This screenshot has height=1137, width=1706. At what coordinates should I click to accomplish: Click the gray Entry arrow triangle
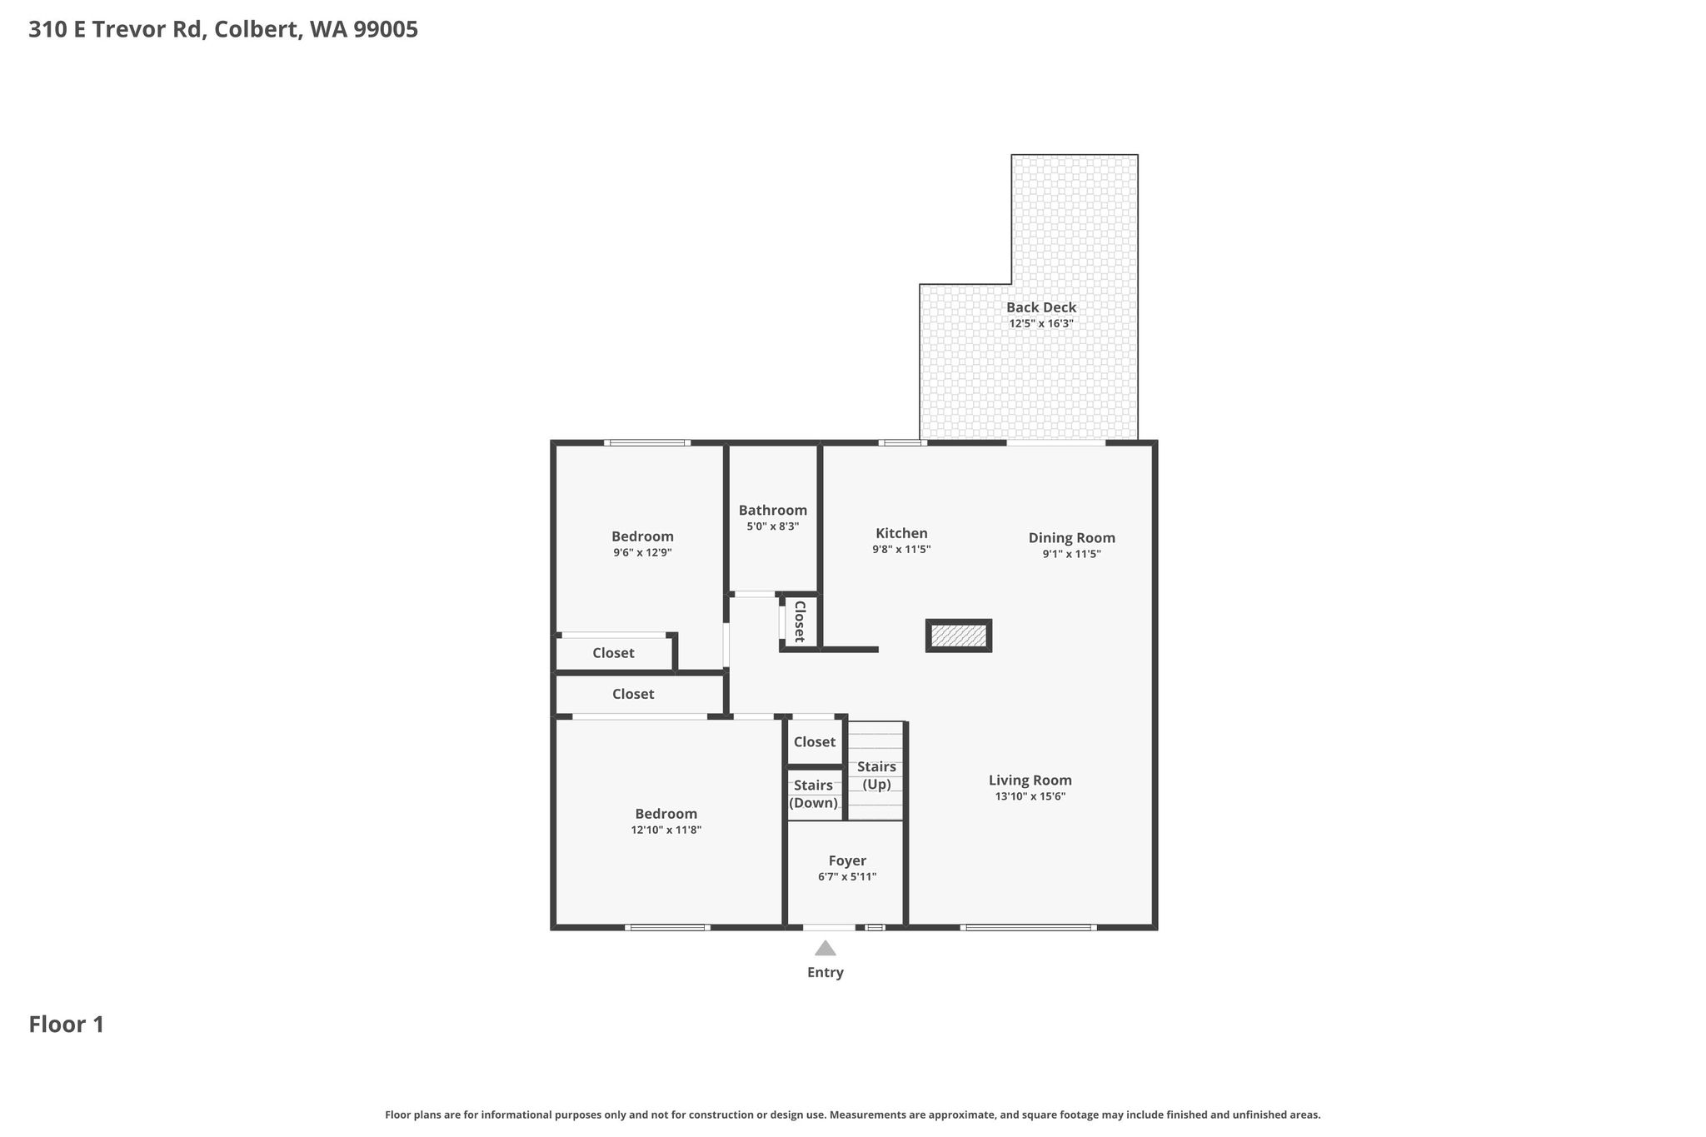click(x=826, y=948)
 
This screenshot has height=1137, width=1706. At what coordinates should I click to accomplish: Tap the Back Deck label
click(x=1041, y=307)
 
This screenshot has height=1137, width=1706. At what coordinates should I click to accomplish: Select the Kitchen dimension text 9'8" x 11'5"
click(x=901, y=550)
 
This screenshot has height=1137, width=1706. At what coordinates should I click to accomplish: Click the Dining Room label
click(x=1072, y=538)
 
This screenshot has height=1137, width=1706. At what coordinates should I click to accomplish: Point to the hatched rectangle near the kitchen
click(x=959, y=636)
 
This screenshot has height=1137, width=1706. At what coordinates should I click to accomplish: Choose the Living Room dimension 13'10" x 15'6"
click(x=1030, y=796)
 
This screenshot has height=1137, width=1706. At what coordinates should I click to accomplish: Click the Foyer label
click(x=847, y=861)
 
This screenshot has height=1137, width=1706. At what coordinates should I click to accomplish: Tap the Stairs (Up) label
click(x=877, y=775)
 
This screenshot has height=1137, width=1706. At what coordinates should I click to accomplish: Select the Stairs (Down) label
click(x=813, y=794)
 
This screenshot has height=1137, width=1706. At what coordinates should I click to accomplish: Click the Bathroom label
click(x=773, y=511)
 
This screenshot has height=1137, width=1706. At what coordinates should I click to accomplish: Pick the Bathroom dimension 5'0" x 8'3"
click(x=773, y=526)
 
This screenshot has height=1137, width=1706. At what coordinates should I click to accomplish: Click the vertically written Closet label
click(x=800, y=621)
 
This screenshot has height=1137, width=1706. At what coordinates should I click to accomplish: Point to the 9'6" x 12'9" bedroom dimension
click(x=642, y=552)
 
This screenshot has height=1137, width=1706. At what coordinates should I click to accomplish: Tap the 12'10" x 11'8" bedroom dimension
click(x=666, y=830)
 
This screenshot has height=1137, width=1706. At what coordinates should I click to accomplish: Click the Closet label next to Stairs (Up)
click(x=815, y=742)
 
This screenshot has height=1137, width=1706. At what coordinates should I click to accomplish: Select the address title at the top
click(x=223, y=30)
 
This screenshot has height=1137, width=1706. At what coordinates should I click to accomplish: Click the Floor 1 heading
click(x=67, y=1025)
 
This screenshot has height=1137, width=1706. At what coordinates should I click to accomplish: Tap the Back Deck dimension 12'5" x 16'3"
click(x=1041, y=323)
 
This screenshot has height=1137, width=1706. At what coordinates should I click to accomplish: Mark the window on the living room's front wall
click(x=1028, y=927)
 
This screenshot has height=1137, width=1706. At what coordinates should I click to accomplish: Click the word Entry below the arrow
click(x=826, y=972)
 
